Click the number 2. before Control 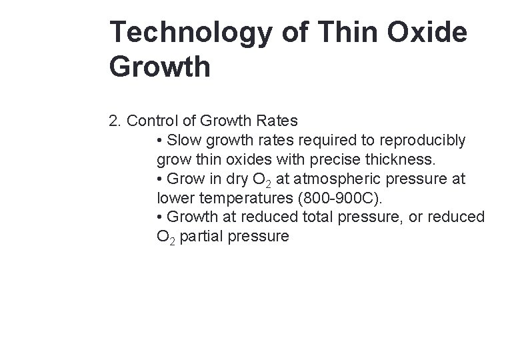[x=115, y=121]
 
